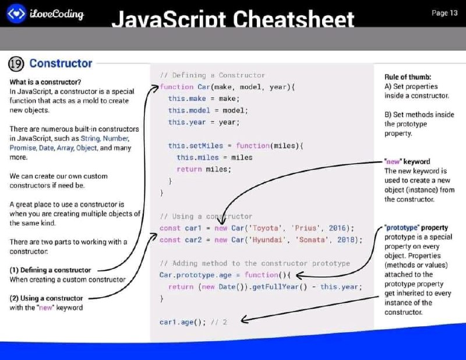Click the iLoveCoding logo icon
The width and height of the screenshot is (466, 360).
16,13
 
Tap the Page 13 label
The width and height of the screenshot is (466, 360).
444,13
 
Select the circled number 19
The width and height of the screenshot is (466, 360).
16,63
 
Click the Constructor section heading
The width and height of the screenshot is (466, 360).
61,63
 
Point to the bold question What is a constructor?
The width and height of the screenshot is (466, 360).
45,82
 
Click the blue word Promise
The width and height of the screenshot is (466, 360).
22,148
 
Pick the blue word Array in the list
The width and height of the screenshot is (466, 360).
65,148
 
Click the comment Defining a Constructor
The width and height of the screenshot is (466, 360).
212,75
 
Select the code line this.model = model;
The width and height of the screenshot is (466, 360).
208,110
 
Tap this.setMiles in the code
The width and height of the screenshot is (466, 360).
196,146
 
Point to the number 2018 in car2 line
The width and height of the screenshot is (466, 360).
345,239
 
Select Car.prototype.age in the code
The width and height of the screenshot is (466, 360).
195,276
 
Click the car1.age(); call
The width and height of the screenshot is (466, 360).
182,322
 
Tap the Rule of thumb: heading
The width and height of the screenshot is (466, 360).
407,77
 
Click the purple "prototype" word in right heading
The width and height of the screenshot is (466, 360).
402,228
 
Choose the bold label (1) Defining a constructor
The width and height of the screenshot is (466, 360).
50,270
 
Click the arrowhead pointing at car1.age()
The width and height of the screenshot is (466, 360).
244,320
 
